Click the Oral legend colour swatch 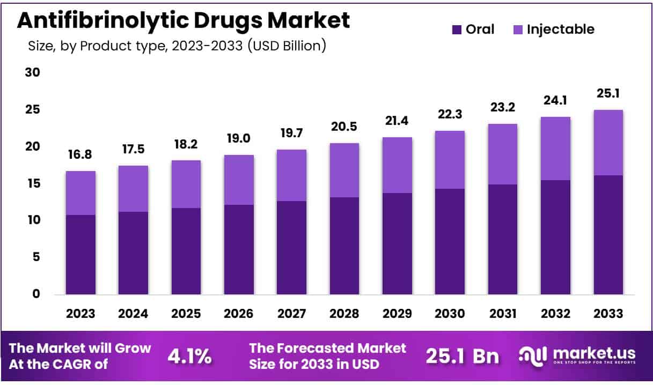pos(457,29)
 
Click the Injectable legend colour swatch pos(518,29)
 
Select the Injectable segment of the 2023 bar pos(80,193)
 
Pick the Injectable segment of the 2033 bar pos(608,143)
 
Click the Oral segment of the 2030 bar pos(450,241)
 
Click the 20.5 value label pos(344,128)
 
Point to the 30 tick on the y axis pos(33,72)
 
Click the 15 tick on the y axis pos(33,183)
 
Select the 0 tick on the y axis pos(36,294)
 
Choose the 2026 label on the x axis pos(239,314)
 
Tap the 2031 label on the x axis pos(502,314)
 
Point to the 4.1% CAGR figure pos(189,356)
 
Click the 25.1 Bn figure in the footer pos(462,356)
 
